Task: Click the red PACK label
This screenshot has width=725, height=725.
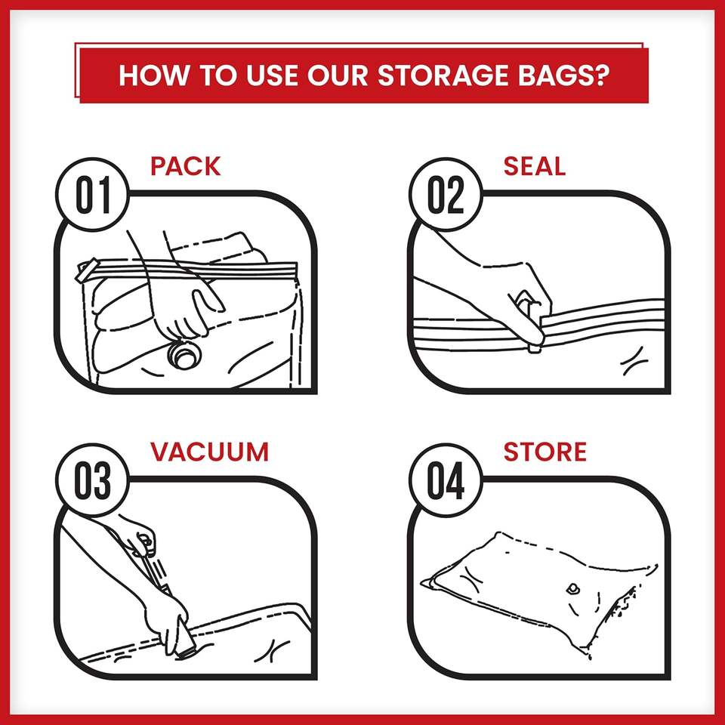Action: (186, 165)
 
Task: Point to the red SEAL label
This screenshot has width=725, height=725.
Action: (534, 165)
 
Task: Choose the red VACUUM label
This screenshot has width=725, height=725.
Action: (209, 452)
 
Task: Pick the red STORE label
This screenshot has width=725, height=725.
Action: (545, 452)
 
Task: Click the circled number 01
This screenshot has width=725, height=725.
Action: (93, 196)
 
